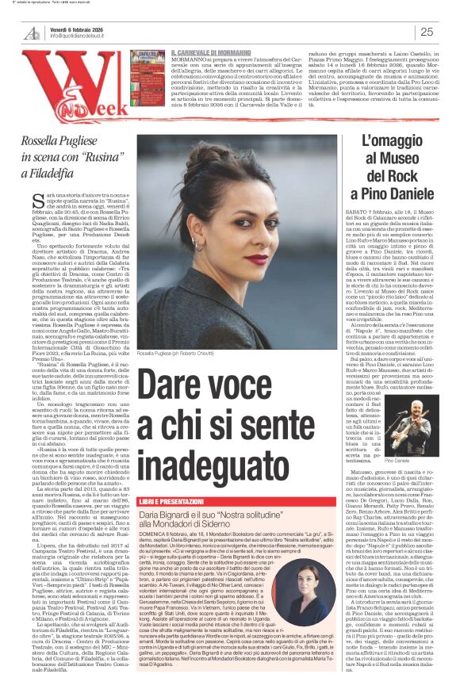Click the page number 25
pyautogui.click(x=426, y=32)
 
